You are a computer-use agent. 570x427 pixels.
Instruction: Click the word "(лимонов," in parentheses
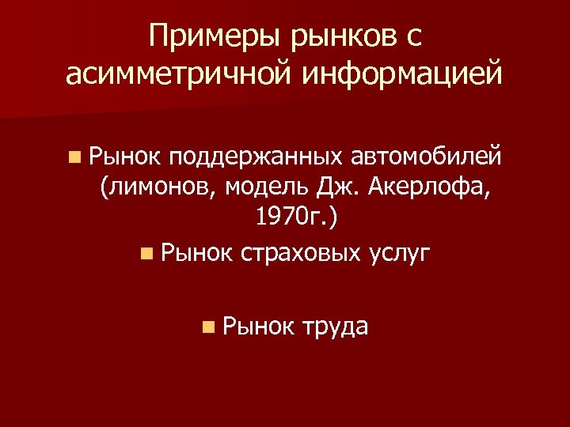(x=158, y=187)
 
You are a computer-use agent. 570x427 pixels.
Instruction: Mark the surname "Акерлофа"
(x=430, y=187)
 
